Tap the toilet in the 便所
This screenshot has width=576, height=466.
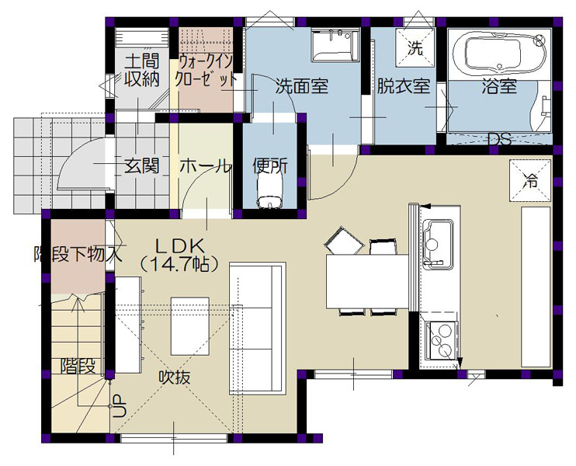pyautogui.click(x=270, y=190)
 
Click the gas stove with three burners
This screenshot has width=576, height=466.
pyautogui.click(x=441, y=341)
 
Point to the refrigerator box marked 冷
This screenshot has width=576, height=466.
pyautogui.click(x=530, y=180)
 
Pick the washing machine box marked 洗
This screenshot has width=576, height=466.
pyautogui.click(x=415, y=48)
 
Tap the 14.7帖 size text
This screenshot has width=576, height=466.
pyautogui.click(x=179, y=263)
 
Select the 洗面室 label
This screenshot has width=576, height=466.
pyautogui.click(x=302, y=87)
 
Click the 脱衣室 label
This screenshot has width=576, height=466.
pyautogui.click(x=404, y=86)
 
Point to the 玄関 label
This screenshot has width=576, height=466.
pyautogui.click(x=141, y=166)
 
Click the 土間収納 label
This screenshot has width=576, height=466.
pyautogui.click(x=141, y=70)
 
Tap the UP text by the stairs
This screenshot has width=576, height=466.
pyautogui.click(x=119, y=405)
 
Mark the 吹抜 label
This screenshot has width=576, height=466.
pyautogui.click(x=175, y=377)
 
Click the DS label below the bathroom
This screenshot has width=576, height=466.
pyautogui.click(x=500, y=139)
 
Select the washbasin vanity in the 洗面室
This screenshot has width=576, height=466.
pyautogui.click(x=335, y=46)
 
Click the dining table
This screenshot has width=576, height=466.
pyautogui.click(x=368, y=281)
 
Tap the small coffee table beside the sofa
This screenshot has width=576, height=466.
pyautogui.click(x=190, y=326)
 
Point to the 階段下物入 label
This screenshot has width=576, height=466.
pyautogui.click(x=78, y=254)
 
